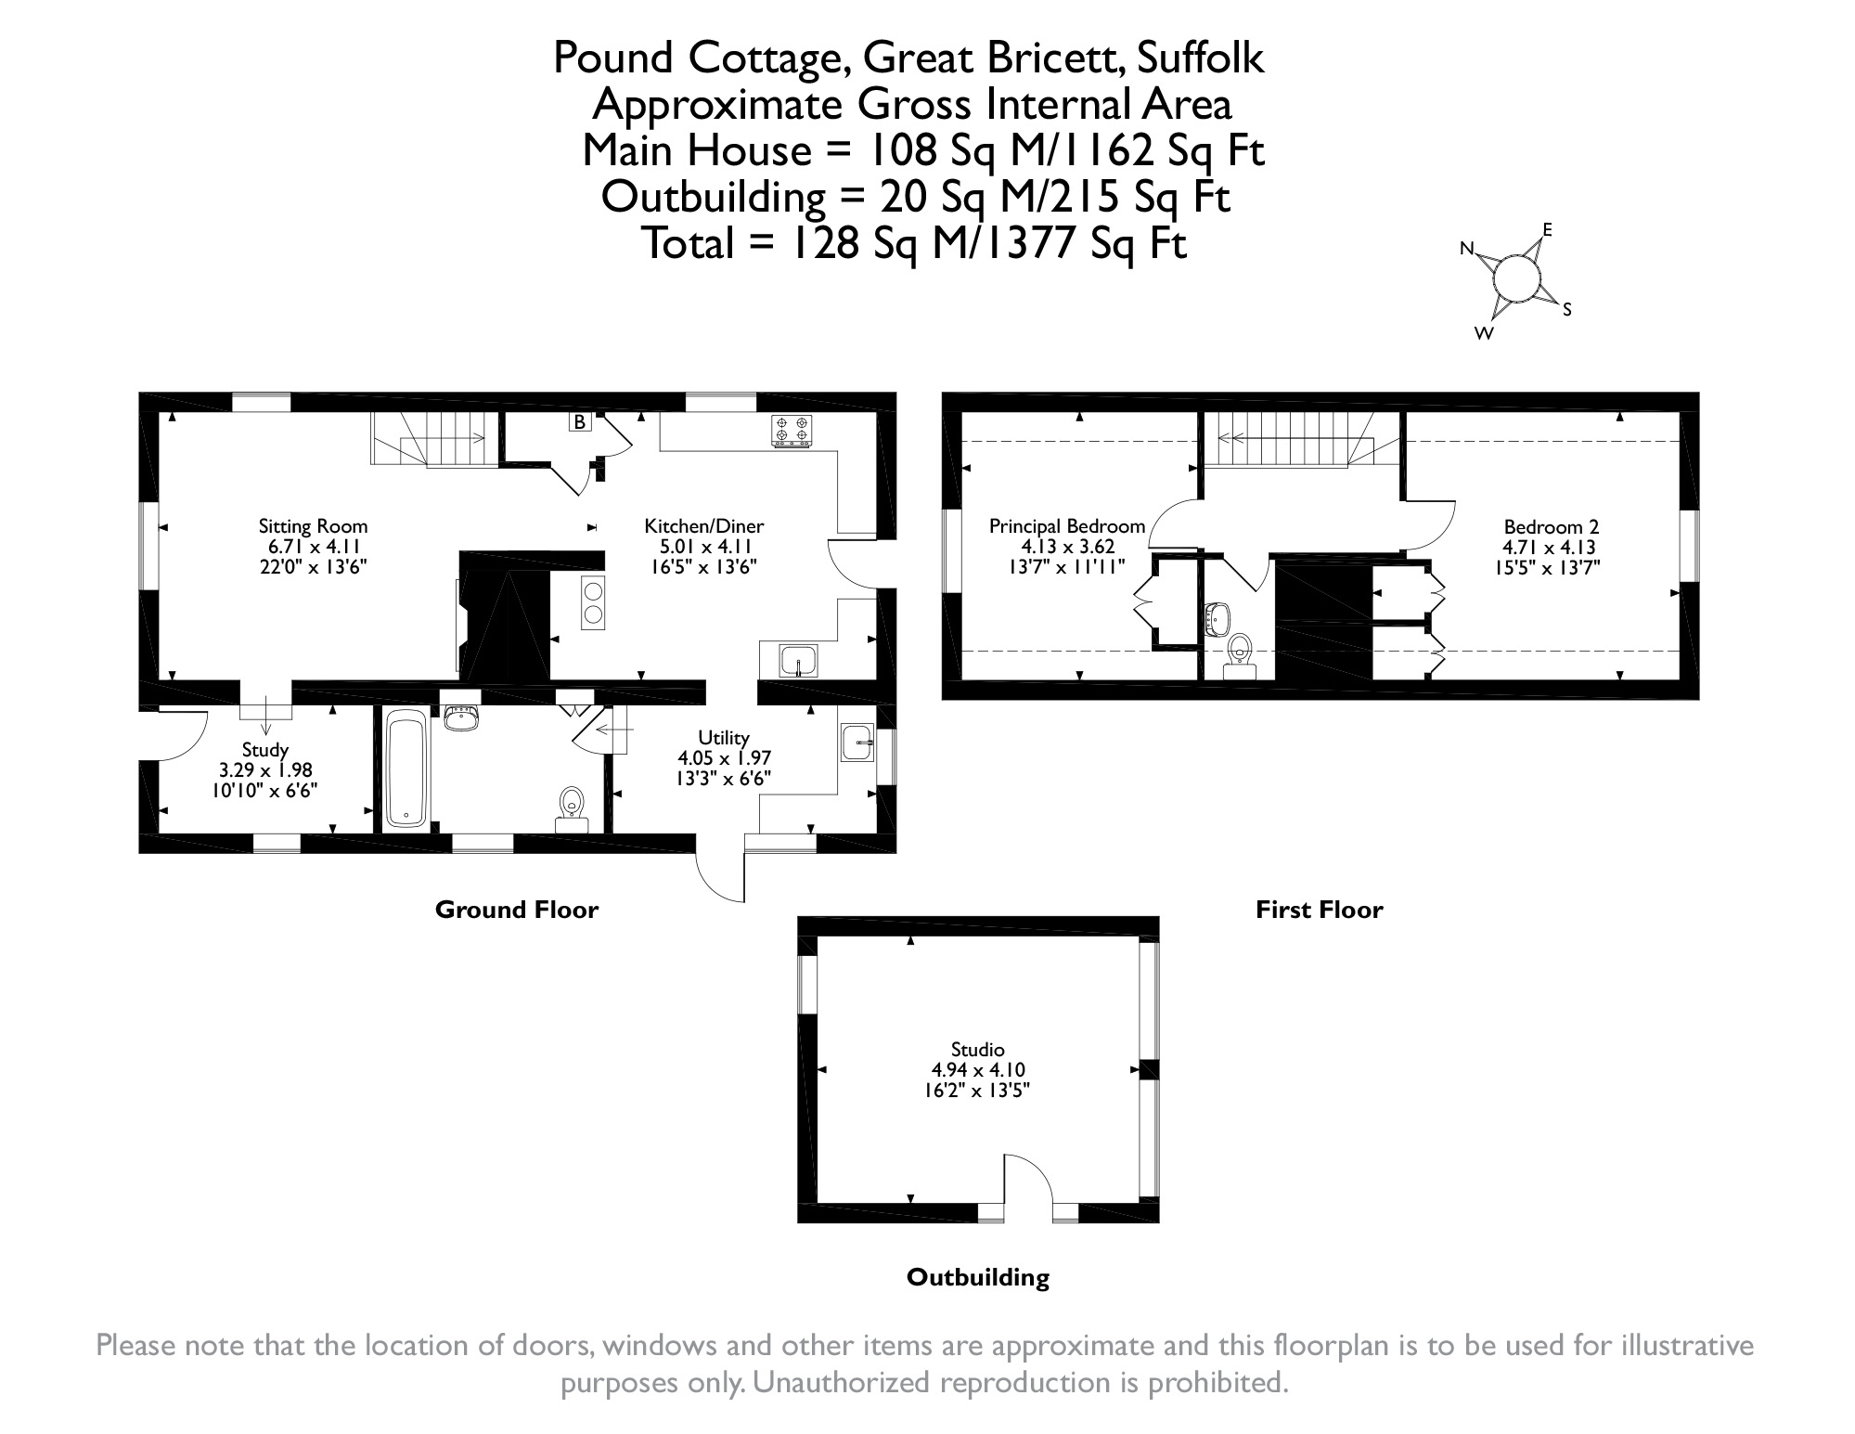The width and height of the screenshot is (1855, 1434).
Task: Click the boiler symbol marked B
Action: (x=580, y=422)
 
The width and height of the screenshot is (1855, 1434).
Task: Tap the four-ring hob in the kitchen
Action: (x=791, y=430)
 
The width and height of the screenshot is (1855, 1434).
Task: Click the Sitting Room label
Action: (x=314, y=526)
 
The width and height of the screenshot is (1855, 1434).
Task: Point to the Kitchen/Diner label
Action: (x=704, y=526)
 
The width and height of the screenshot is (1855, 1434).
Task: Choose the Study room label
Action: (x=265, y=750)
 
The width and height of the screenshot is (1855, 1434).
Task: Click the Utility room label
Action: (x=724, y=738)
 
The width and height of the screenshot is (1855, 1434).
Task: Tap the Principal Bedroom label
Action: (x=1067, y=526)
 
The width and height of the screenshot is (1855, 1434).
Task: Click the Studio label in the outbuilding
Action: (x=978, y=1050)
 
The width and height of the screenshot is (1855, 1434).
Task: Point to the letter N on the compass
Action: (x=1467, y=249)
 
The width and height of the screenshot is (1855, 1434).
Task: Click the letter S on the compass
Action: (x=1567, y=310)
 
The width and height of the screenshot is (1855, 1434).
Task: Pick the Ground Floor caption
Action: (x=517, y=910)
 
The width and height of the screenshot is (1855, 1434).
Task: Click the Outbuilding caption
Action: (x=978, y=1277)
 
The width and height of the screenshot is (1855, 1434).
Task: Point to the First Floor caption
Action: (x=1319, y=910)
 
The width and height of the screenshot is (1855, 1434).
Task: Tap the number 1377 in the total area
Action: (x=1025, y=245)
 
